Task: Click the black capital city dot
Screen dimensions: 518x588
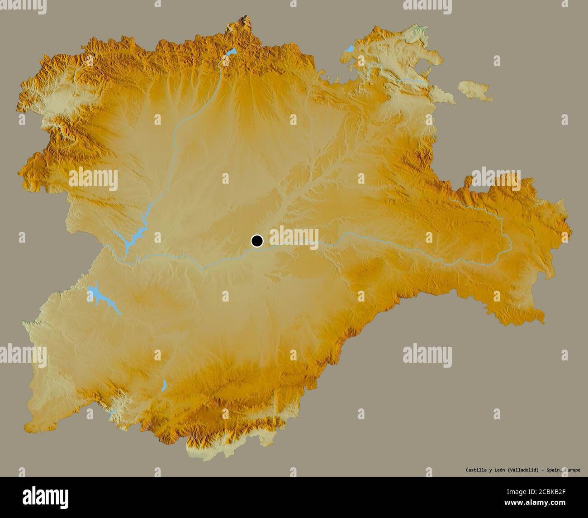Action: (257, 241)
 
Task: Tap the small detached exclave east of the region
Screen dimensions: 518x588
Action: (475, 90)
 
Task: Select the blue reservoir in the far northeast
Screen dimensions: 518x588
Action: (349, 48)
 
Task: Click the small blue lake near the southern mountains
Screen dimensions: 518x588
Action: (164, 386)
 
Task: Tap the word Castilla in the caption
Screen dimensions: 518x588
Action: (475, 470)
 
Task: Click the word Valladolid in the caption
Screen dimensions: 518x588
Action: (522, 470)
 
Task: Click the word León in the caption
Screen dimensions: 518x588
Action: (499, 470)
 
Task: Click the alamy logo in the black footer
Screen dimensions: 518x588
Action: (45, 496)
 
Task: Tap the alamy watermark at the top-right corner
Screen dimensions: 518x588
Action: (427, 5)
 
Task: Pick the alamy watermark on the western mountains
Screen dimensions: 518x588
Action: (93, 178)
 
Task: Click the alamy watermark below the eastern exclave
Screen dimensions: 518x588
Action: (496, 178)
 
